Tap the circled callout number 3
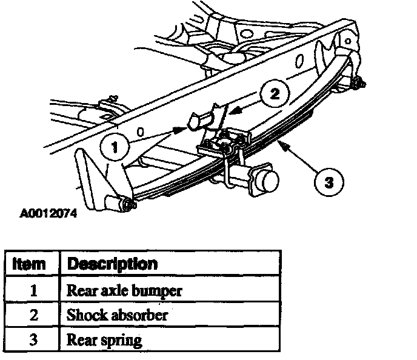[328, 182]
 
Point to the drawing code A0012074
[49, 213]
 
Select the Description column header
[112, 264]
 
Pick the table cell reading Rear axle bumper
[124, 290]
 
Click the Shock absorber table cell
[118, 315]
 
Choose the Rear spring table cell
[104, 339]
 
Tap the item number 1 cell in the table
[33, 290]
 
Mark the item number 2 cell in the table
[33, 315]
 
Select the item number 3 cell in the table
[33, 339]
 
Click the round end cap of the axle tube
[267, 181]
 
